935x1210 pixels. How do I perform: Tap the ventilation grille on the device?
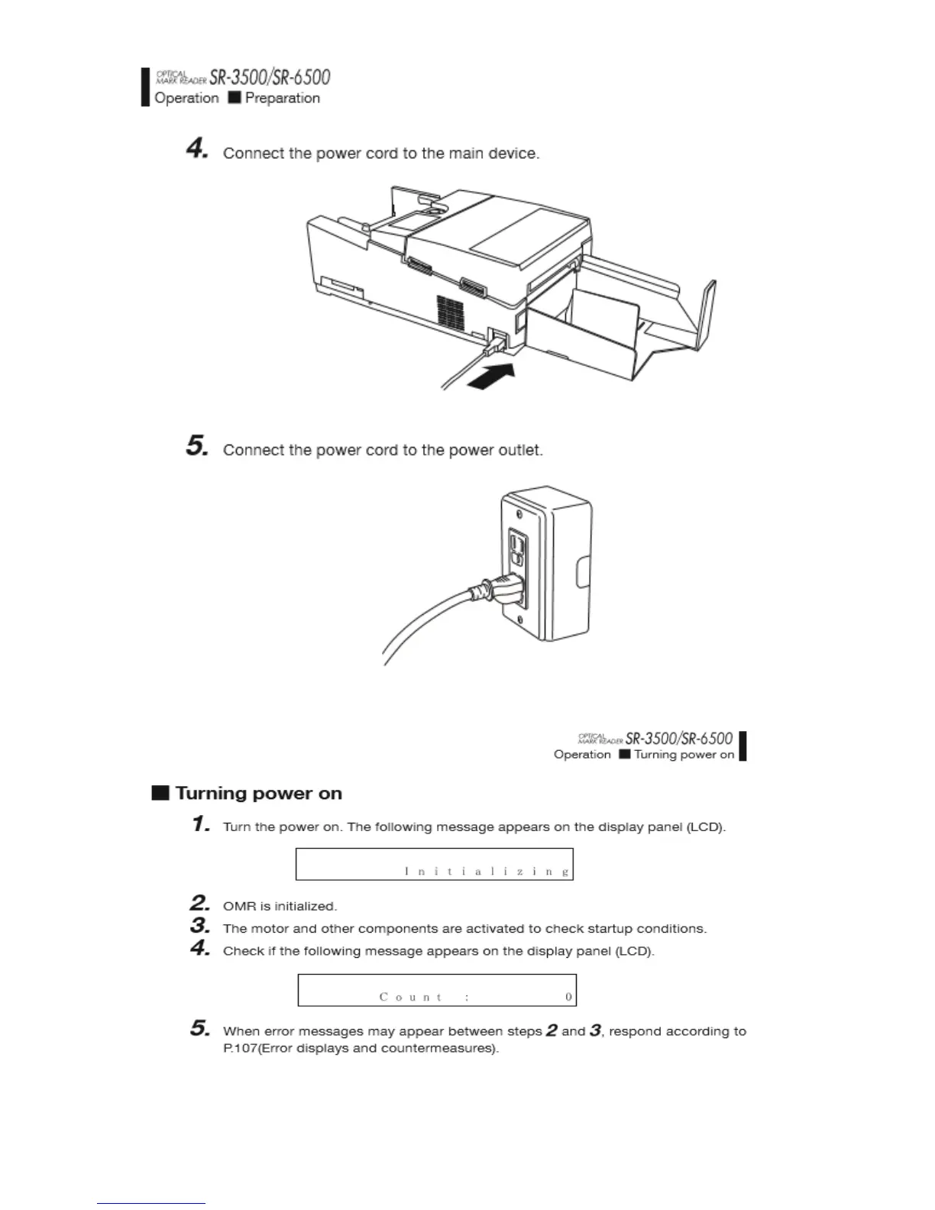pyautogui.click(x=451, y=308)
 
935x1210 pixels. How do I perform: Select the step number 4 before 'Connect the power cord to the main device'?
pyautogui.click(x=197, y=149)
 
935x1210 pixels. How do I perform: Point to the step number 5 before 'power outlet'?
pyautogui.click(x=197, y=446)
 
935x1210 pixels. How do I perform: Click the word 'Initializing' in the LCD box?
pyautogui.click(x=487, y=872)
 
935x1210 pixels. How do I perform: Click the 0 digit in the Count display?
pyautogui.click(x=568, y=997)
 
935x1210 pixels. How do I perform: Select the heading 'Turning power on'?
pyautogui.click(x=258, y=794)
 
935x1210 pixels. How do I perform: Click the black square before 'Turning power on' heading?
pyautogui.click(x=160, y=793)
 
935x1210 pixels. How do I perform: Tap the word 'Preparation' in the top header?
pyautogui.click(x=282, y=99)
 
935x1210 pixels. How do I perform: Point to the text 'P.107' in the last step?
pyautogui.click(x=238, y=1049)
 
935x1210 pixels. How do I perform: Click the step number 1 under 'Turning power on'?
pyautogui.click(x=201, y=824)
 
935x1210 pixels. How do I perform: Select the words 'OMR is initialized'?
pyautogui.click(x=280, y=907)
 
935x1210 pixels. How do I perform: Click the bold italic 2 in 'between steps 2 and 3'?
pyautogui.click(x=552, y=1030)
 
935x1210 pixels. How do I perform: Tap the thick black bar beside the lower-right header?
pyautogui.click(x=742, y=746)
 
